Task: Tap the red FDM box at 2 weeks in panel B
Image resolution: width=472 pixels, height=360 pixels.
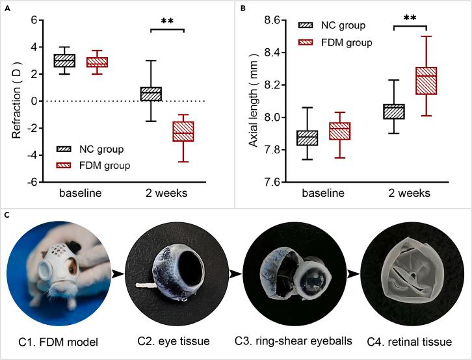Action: coord(408,81)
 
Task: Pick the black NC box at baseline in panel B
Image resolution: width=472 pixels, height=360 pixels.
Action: coord(306,138)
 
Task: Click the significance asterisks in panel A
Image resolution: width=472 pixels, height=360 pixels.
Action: coord(168,21)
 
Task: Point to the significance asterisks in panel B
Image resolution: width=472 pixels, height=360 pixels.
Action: coord(409,18)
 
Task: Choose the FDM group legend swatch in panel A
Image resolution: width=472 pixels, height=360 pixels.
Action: coord(64,165)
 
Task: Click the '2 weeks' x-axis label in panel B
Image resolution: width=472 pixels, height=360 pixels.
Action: coord(408,194)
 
